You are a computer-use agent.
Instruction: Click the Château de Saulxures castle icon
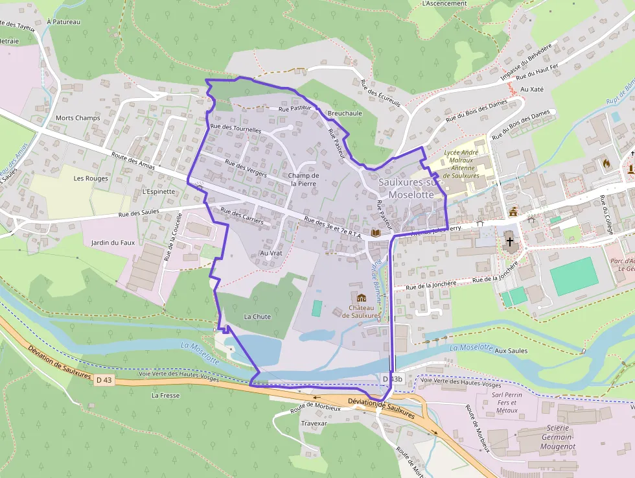click(361, 298)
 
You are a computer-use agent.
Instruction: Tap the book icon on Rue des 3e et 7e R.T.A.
click(375, 232)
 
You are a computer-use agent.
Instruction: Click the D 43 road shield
click(104, 379)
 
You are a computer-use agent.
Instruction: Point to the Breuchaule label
click(345, 113)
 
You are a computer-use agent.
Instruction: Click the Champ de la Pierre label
click(304, 179)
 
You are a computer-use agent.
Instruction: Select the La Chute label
click(257, 317)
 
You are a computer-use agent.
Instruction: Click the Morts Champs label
click(78, 118)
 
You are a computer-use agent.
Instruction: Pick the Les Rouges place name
click(91, 178)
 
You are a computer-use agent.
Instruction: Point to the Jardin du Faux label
click(113, 243)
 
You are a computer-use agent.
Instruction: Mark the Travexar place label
click(314, 423)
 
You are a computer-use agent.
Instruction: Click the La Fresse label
click(164, 394)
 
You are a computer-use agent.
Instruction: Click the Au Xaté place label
click(532, 89)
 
